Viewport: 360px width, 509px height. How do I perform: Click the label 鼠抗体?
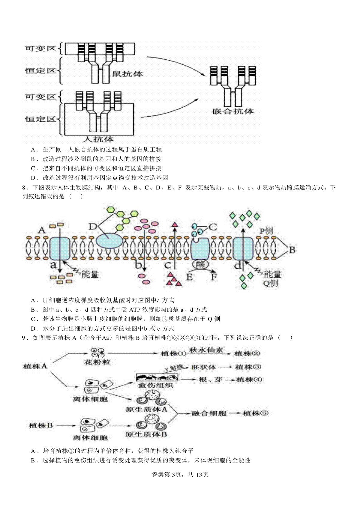(127, 74)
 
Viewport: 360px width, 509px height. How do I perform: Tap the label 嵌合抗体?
(233, 111)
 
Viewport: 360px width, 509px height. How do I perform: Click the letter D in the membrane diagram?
(93, 227)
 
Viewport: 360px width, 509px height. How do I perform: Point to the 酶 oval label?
(200, 264)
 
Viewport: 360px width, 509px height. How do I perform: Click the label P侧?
(266, 231)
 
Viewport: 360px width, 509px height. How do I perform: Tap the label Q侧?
(270, 283)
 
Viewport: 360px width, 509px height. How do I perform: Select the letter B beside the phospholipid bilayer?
(292, 250)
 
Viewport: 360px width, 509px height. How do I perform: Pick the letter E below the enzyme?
(189, 277)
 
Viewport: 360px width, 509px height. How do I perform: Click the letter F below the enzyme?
(214, 277)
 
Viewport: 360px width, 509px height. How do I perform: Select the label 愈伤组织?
(156, 385)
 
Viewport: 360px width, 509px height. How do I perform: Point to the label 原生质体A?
(146, 409)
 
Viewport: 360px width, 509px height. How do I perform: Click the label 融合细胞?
(209, 413)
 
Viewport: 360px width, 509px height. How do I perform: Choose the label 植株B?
(41, 425)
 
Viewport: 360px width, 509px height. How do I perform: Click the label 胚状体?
(204, 367)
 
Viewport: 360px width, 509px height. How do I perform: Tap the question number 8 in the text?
(24, 187)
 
